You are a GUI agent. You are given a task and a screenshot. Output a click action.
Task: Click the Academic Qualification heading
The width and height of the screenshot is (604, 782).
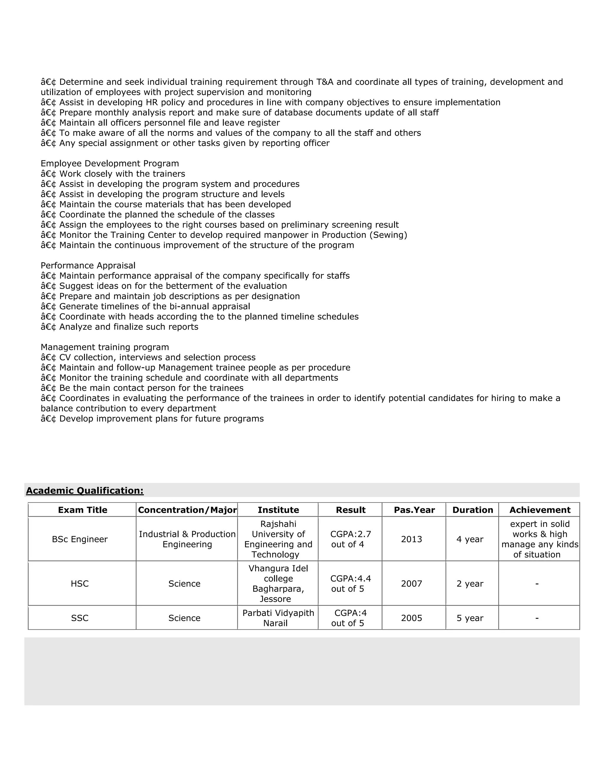tap(85, 490)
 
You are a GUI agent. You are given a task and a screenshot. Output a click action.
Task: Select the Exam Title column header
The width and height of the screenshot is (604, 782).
tap(83, 510)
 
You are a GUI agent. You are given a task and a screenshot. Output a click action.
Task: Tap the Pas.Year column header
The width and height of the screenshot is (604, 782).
tap(414, 510)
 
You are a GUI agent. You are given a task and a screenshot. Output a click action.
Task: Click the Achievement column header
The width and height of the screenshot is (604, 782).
tap(540, 510)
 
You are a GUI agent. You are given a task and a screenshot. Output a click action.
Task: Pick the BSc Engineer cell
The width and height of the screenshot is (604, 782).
tap(80, 539)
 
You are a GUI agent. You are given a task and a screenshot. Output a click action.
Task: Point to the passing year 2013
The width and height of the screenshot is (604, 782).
tap(411, 539)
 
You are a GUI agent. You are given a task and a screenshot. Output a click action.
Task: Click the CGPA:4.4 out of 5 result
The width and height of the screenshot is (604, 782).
tap(350, 584)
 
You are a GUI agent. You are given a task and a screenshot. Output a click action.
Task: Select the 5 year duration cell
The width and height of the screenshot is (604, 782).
tap(470, 618)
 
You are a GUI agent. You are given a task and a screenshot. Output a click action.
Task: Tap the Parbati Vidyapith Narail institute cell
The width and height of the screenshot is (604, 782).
tap(278, 618)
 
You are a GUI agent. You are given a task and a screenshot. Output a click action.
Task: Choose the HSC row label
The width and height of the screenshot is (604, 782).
tap(80, 584)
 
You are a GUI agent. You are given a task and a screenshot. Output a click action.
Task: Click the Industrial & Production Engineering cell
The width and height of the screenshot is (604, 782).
tap(187, 539)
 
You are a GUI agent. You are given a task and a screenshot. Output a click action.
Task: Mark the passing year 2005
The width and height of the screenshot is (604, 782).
tap(411, 618)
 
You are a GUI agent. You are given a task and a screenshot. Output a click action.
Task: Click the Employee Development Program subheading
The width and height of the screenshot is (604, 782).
tap(109, 164)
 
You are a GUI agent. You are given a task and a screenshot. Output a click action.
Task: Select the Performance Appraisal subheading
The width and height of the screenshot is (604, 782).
tap(88, 266)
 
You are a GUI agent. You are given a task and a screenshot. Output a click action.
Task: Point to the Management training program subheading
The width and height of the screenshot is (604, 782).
tap(104, 347)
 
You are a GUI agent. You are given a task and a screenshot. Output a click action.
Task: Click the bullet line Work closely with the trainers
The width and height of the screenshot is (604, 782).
tap(122, 174)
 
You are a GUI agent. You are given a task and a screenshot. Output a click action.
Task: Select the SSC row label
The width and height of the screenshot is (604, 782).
tap(80, 618)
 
